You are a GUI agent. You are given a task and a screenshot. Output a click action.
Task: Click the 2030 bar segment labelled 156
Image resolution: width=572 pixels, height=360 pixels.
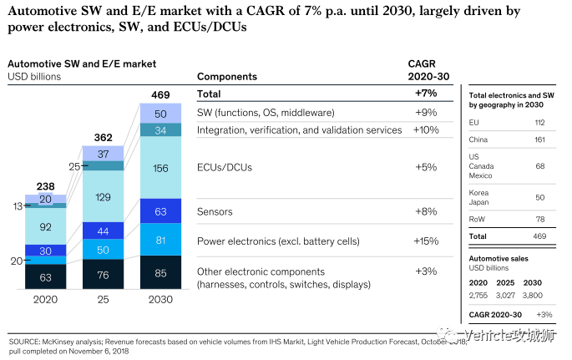(x=160, y=167)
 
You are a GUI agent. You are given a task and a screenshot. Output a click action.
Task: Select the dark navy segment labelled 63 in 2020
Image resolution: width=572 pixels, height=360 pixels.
(x=46, y=276)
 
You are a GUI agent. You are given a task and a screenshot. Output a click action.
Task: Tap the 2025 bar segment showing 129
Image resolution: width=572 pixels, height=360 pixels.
(x=104, y=196)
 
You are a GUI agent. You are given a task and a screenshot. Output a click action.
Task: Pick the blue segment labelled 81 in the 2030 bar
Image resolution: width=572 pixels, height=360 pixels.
(x=160, y=239)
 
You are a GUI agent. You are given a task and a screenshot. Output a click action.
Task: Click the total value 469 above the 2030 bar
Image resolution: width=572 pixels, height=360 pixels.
(x=160, y=95)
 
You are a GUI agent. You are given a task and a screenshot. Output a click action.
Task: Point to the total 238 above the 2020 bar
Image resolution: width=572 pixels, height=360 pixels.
(x=46, y=186)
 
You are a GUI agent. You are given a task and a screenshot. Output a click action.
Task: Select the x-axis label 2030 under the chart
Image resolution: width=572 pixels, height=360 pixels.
(x=160, y=300)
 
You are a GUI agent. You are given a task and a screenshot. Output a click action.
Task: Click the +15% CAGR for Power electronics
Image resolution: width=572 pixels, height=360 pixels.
(x=426, y=241)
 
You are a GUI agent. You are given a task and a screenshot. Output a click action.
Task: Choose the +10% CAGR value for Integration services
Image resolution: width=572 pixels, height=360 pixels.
(x=426, y=129)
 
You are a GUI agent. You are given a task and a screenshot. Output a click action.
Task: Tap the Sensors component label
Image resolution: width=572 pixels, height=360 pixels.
(x=215, y=211)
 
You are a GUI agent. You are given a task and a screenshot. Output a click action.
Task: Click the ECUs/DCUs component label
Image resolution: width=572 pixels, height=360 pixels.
(x=225, y=167)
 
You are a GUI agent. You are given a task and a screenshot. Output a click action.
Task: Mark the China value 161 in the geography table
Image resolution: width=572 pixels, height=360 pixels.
(x=540, y=139)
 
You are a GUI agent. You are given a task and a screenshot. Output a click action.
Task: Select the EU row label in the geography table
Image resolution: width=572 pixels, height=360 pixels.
(x=473, y=123)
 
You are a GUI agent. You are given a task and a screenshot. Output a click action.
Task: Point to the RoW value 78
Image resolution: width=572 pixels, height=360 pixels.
(x=540, y=219)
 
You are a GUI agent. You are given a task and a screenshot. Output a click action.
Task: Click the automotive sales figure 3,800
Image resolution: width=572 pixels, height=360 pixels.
(x=532, y=295)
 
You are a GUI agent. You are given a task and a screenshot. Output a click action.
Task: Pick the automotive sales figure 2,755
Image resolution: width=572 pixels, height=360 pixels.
(x=478, y=295)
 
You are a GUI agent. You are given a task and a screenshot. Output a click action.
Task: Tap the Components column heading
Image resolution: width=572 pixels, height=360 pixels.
(x=227, y=77)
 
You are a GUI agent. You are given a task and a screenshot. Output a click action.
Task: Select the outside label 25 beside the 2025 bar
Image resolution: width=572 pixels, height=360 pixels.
(x=74, y=167)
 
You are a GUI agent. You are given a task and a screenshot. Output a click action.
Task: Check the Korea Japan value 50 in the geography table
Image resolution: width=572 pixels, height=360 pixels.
(x=540, y=198)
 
